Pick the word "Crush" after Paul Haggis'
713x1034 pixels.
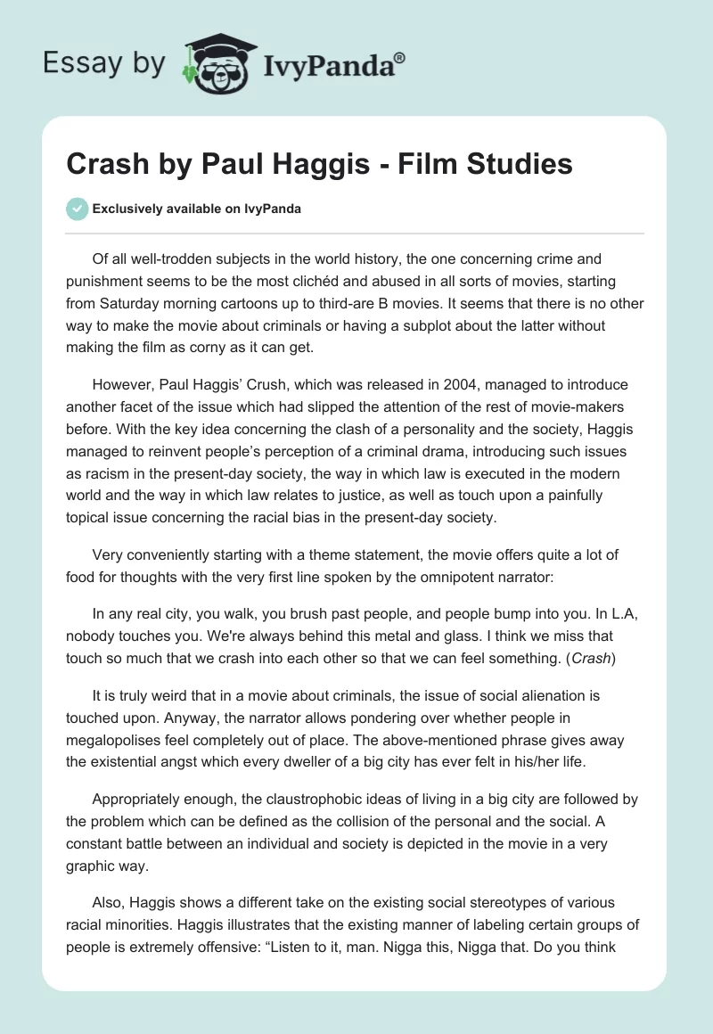click(x=255, y=385)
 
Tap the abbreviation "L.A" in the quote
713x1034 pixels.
click(x=617, y=590)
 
